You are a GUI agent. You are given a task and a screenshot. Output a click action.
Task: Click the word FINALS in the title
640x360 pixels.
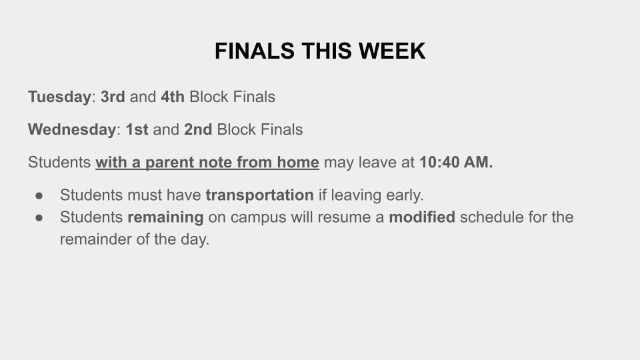tap(254, 51)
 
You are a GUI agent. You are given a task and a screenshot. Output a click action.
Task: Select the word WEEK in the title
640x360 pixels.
tap(392, 51)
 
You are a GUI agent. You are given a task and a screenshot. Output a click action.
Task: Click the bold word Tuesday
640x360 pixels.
tap(59, 97)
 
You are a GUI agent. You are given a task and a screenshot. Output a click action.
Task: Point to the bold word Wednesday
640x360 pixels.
tap(72, 130)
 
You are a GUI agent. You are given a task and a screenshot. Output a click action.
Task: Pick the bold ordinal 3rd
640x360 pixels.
tap(113, 97)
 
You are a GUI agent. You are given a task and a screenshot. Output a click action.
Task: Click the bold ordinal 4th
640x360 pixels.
tap(173, 97)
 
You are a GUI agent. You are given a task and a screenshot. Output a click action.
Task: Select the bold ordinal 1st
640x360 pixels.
tap(137, 130)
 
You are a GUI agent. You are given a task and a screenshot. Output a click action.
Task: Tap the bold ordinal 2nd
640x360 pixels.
tap(198, 130)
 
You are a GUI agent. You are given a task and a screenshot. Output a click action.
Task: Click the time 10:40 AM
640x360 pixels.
tap(456, 163)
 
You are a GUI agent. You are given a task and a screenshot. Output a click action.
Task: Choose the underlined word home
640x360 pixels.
tap(298, 163)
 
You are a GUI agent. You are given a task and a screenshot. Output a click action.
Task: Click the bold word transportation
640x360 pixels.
tap(259, 195)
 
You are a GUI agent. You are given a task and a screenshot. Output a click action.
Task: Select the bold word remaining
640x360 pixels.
tap(165, 217)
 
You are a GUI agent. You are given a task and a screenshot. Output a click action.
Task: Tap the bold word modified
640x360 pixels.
tap(422, 217)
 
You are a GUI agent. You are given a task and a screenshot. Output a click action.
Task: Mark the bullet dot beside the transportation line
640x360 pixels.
tap(39, 196)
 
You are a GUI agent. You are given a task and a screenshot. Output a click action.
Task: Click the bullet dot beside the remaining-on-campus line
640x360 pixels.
tap(39, 218)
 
